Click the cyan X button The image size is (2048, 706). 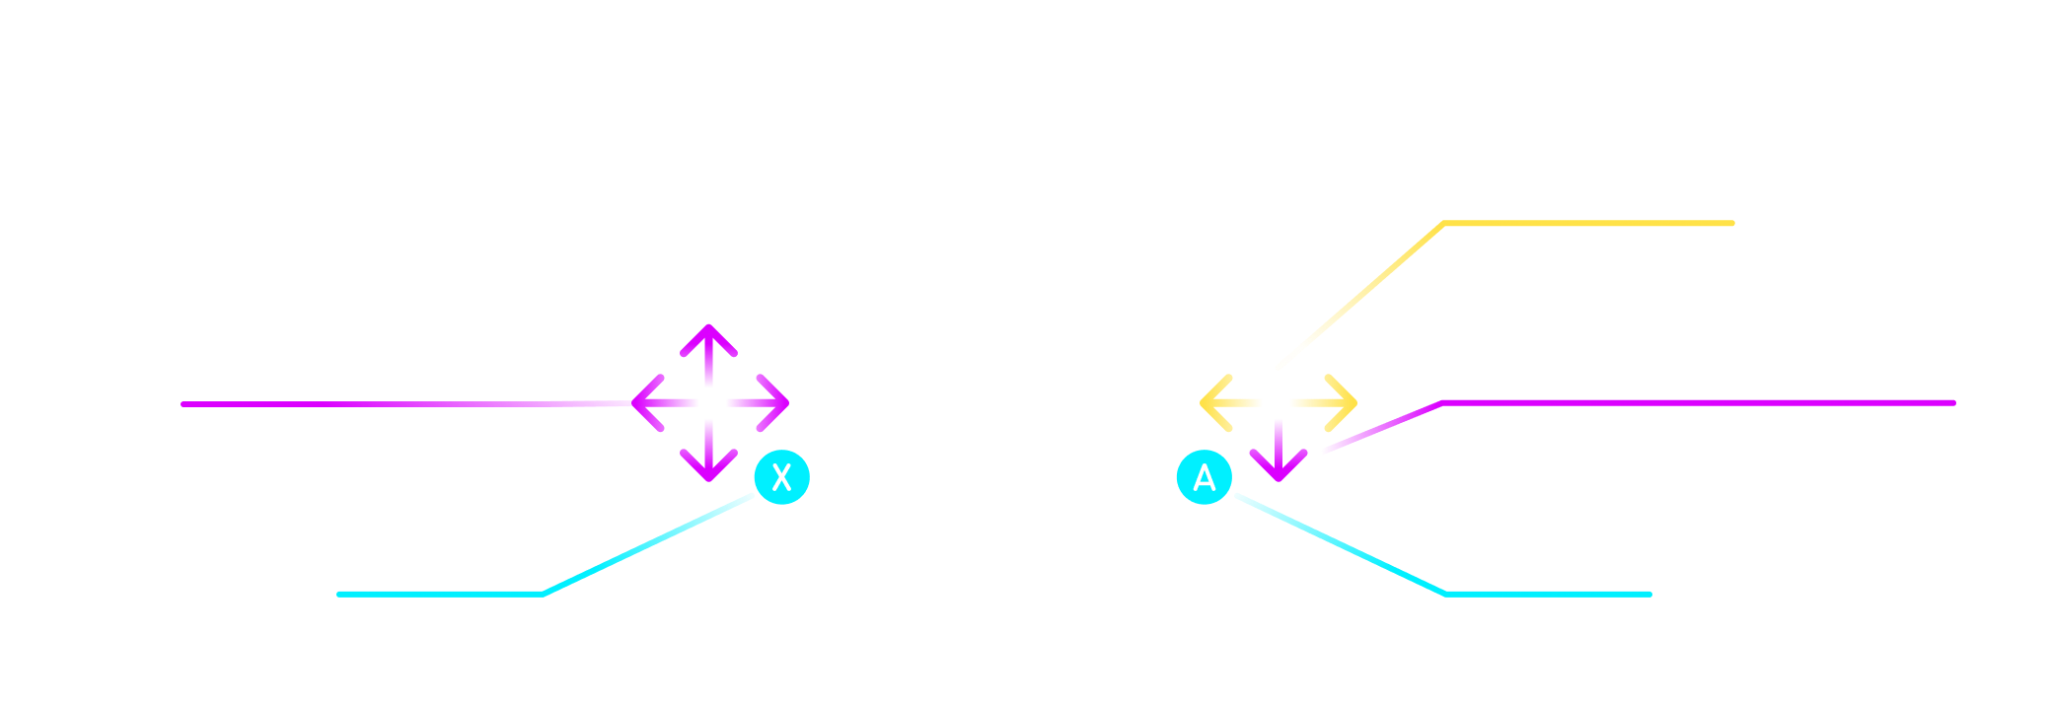pos(782,477)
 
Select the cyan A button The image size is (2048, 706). pos(1205,478)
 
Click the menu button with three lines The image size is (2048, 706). pos(699,511)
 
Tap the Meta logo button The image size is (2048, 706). pos(1285,512)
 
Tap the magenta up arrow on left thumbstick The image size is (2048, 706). pos(708,339)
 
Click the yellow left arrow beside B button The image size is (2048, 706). pos(1215,402)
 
